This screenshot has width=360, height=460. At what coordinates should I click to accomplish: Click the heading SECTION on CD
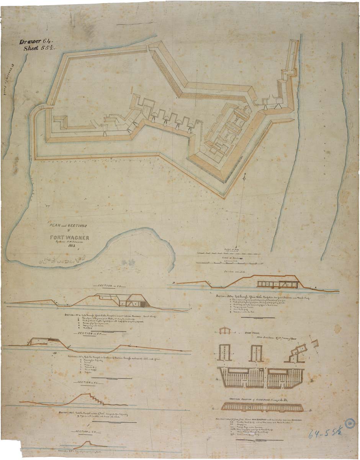[x=111, y=286]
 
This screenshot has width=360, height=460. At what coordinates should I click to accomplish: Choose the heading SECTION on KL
[x=88, y=383]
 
